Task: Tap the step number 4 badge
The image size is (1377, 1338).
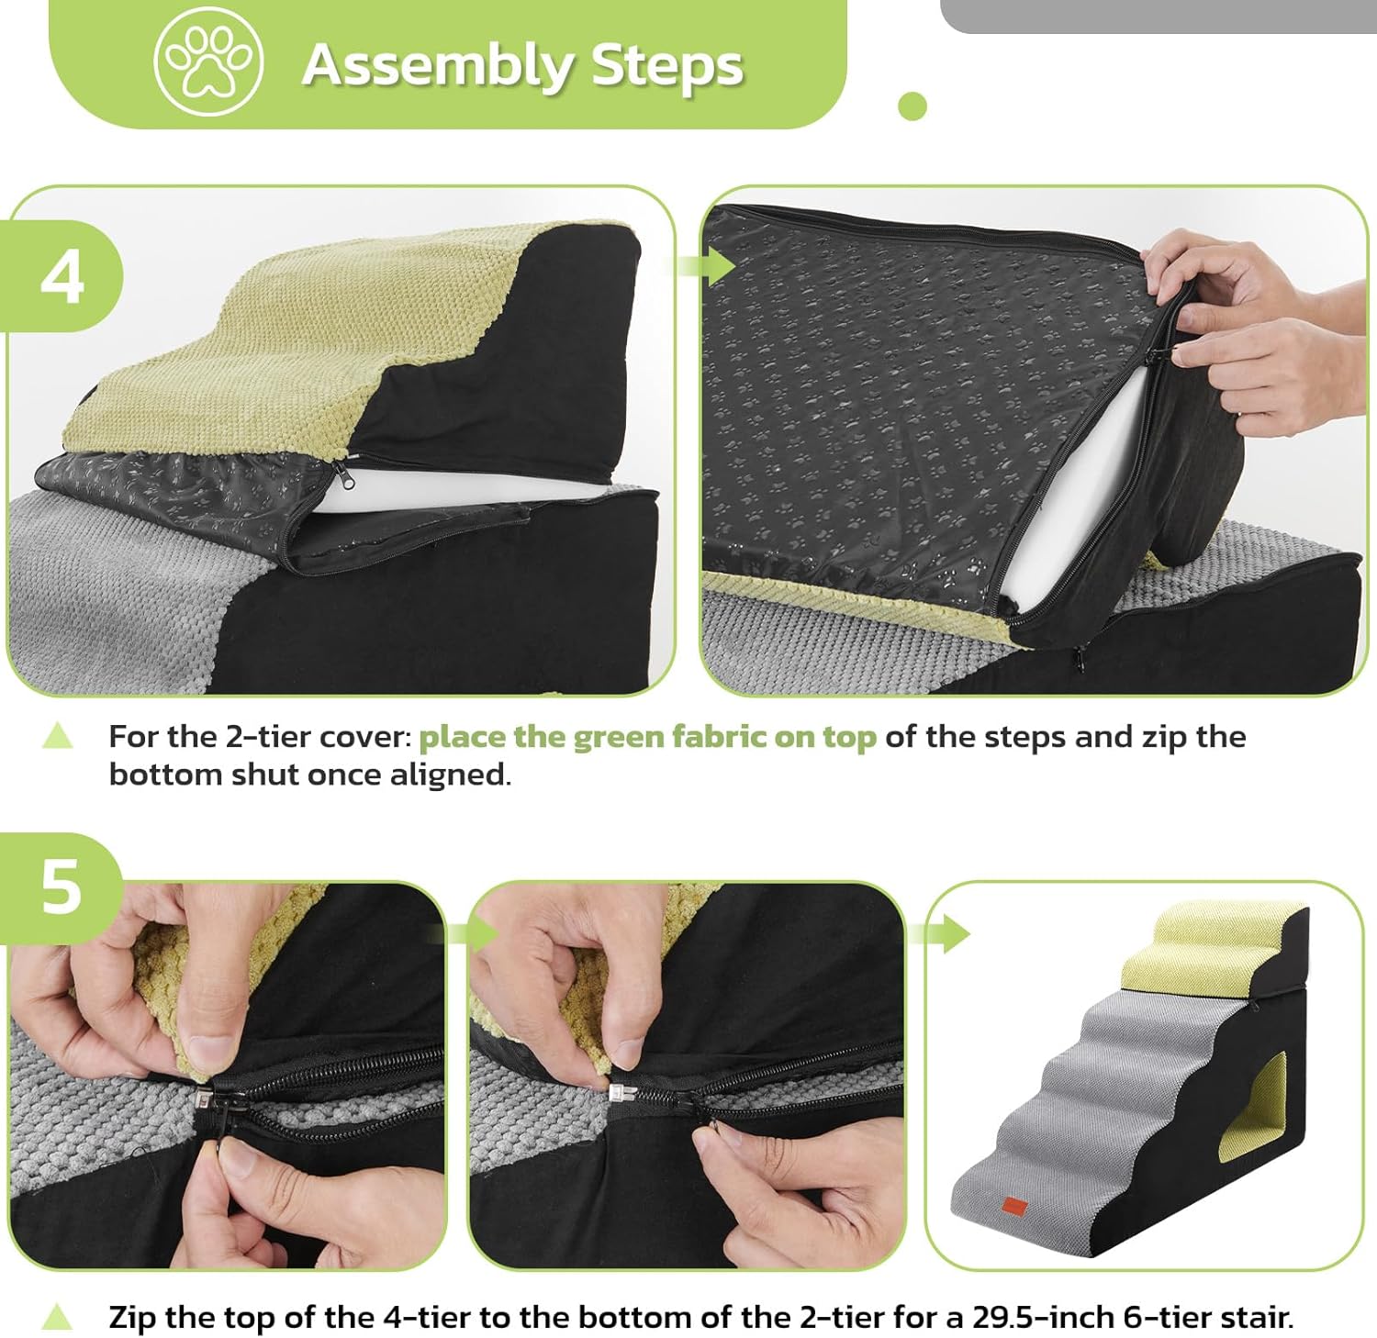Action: (x=62, y=275)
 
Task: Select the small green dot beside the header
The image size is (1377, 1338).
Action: (x=912, y=106)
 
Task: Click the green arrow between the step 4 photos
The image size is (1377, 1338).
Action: (x=706, y=265)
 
